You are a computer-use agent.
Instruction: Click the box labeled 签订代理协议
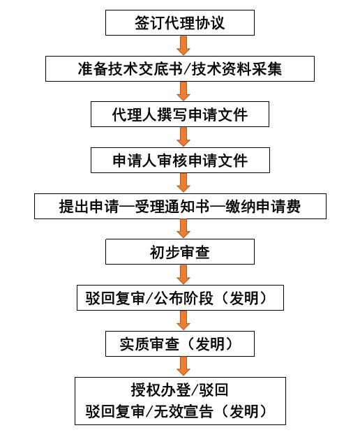tap(180, 22)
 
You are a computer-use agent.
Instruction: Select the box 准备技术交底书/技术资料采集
tap(180, 68)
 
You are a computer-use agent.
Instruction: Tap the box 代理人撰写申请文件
tap(180, 114)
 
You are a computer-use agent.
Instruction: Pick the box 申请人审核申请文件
tap(180, 161)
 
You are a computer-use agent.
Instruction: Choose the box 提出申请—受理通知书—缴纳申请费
tap(180, 206)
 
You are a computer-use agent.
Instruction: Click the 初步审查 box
tap(180, 252)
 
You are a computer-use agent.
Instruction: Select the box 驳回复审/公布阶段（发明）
tap(180, 297)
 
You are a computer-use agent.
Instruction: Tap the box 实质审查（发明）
tap(180, 343)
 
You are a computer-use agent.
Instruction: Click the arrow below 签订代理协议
tap(183, 45)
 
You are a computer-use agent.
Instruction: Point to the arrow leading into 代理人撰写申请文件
tap(183, 91)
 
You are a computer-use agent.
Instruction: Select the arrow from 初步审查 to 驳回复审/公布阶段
tap(183, 274)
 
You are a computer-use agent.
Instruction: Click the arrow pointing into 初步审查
tap(183, 229)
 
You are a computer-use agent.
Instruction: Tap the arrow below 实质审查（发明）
tap(183, 366)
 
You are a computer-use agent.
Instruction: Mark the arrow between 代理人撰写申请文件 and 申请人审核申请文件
tap(183, 137)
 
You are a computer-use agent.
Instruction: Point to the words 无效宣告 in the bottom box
tap(183, 411)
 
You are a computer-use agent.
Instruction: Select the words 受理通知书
tap(172, 207)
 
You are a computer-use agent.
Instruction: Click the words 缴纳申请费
tap(263, 207)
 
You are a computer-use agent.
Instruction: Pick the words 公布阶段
tap(183, 298)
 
